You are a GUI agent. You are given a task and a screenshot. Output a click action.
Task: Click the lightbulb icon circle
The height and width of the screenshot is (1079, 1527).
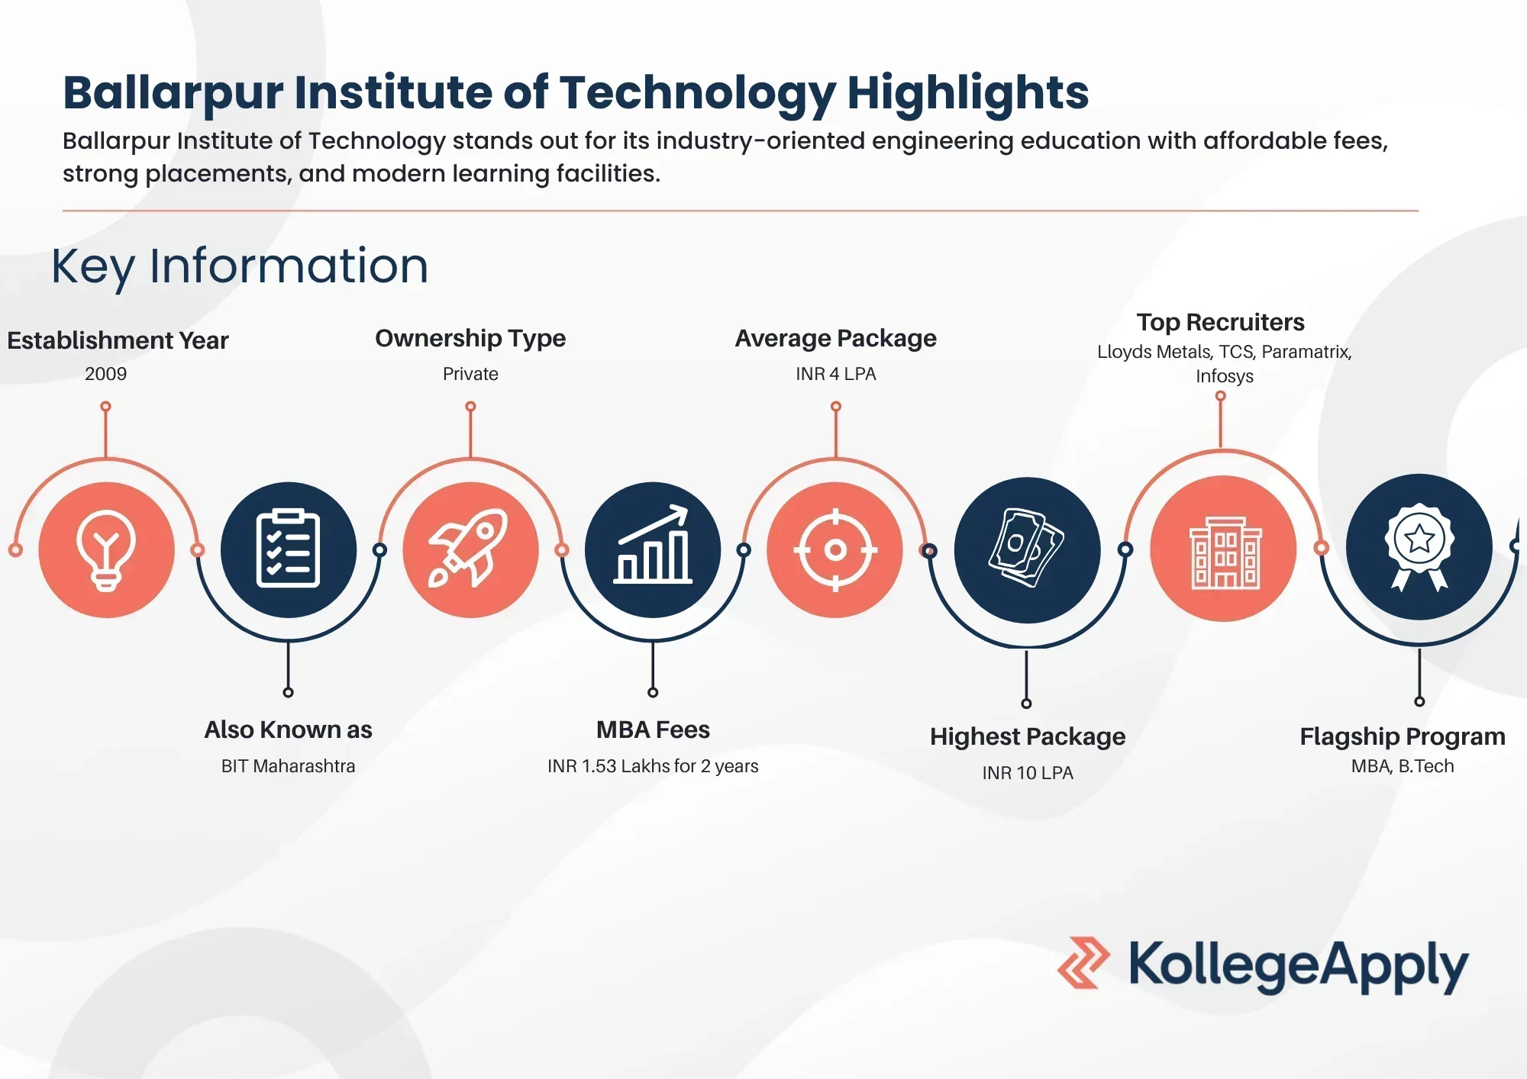click(x=106, y=549)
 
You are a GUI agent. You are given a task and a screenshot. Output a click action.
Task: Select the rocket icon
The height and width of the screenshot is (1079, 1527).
click(x=469, y=548)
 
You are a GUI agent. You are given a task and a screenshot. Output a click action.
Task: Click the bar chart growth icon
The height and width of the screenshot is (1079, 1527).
click(x=653, y=545)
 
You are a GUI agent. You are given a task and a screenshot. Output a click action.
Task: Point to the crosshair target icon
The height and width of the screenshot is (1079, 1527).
click(x=835, y=549)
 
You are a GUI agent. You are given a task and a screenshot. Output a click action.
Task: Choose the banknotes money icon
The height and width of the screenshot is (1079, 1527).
click(x=1026, y=547)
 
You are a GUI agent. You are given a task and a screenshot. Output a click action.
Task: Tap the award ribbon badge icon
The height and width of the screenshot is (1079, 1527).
click(x=1419, y=546)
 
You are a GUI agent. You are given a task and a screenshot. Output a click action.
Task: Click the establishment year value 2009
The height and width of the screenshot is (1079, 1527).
click(x=106, y=374)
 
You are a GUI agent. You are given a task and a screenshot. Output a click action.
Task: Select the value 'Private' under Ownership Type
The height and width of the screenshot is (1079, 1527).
click(x=470, y=374)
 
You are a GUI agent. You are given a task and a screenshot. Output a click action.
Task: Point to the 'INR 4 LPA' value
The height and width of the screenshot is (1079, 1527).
click(x=836, y=374)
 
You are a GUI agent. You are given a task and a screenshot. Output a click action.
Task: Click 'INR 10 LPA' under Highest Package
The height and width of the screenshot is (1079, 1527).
click(x=1028, y=773)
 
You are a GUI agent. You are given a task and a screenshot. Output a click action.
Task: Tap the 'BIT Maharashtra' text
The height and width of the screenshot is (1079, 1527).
click(x=288, y=766)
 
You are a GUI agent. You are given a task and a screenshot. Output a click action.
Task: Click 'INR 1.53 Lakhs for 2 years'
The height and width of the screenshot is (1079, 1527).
click(x=653, y=766)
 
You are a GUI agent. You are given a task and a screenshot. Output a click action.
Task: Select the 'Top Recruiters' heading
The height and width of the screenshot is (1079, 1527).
click(x=1220, y=322)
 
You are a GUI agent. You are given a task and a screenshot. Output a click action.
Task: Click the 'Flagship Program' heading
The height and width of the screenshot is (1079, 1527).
click(x=1403, y=736)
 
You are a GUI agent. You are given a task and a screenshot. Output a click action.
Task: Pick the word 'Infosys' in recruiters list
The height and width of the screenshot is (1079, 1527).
click(x=1225, y=376)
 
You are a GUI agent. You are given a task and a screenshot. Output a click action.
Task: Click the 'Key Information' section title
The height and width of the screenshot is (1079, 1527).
click(x=240, y=266)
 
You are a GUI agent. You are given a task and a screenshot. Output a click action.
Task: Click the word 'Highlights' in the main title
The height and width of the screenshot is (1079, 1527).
click(x=968, y=93)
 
